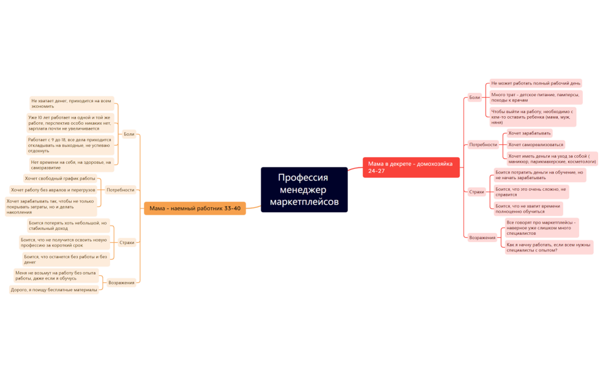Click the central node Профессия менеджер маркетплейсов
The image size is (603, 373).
click(304, 190)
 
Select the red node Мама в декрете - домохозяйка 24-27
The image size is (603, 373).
click(411, 168)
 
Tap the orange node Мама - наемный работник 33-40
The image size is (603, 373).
click(195, 209)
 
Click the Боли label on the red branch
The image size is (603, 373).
click(474, 97)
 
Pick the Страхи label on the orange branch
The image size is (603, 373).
click(127, 243)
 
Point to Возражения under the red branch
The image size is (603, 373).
click(482, 237)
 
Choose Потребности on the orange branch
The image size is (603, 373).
click(121, 190)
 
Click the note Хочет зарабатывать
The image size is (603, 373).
click(530, 133)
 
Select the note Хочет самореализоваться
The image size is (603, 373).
click(536, 145)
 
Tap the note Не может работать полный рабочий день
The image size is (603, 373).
click(535, 83)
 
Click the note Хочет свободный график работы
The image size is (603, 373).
click(60, 179)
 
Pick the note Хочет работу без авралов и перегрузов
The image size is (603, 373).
click(53, 190)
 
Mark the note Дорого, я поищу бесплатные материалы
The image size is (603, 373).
click(54, 290)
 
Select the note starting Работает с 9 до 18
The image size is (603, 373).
click(70, 146)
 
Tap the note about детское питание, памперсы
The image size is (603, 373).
click(535, 97)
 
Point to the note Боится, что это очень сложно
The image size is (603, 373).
click(531, 192)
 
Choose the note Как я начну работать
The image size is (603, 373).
click(549, 247)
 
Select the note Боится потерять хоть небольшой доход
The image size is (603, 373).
click(68, 226)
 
